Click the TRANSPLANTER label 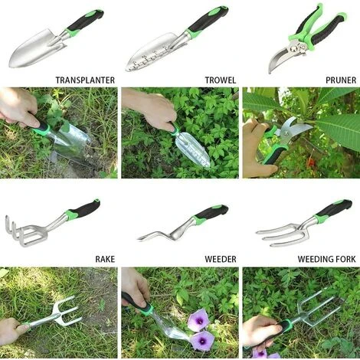click(x=85, y=80)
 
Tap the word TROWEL click(x=221, y=80)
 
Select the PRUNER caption click(x=341, y=80)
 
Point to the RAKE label click(x=105, y=259)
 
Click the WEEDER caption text click(x=221, y=259)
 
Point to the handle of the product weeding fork click(x=335, y=208)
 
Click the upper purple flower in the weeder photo click(x=198, y=320)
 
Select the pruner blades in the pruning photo click(x=293, y=128)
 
